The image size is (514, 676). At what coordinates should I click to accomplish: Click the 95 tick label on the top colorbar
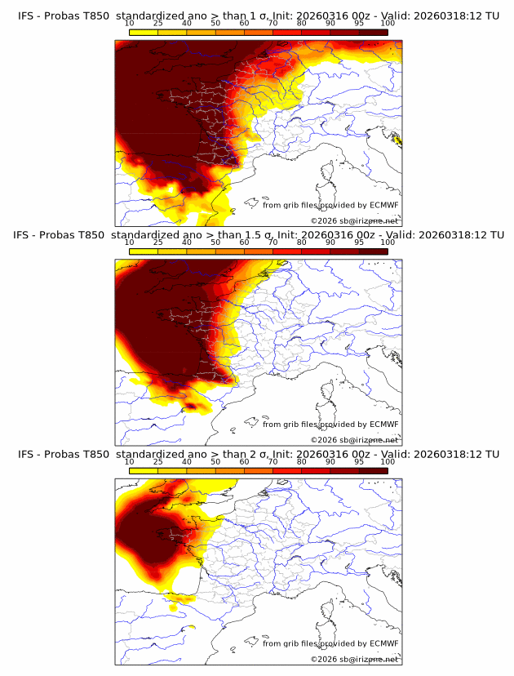pyautogui.click(x=359, y=24)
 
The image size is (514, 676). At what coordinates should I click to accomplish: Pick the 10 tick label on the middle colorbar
pyautogui.click(x=129, y=242)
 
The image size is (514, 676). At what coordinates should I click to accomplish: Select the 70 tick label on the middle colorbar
pyautogui.click(x=273, y=242)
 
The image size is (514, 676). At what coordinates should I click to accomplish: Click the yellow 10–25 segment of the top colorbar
pyautogui.click(x=144, y=32)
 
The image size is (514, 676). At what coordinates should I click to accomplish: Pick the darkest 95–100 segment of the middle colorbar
pyautogui.click(x=373, y=251)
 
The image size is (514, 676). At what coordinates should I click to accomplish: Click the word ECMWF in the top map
pyautogui.click(x=383, y=206)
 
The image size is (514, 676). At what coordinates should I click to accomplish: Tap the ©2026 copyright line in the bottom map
pyautogui.click(x=355, y=659)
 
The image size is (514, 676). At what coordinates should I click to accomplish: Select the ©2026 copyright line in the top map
pyautogui.click(x=355, y=221)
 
